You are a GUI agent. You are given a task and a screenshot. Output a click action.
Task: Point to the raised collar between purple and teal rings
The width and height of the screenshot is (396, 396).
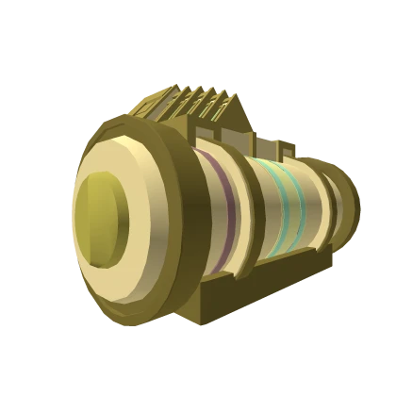coord(247,203)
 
